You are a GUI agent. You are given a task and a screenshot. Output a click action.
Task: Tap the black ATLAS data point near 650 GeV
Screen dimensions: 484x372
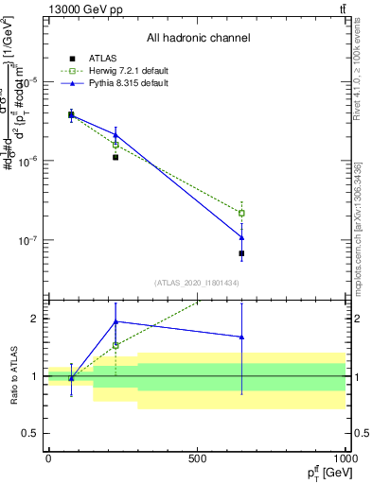pos(241,253)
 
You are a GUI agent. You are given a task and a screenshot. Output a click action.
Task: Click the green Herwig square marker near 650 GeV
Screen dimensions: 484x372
pos(241,213)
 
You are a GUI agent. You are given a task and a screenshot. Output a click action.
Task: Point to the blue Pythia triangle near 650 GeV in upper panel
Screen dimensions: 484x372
pos(241,237)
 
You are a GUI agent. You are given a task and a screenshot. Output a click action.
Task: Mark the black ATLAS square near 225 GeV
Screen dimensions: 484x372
pos(115,157)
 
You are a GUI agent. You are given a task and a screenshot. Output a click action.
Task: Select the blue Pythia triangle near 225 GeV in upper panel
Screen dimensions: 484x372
pos(115,134)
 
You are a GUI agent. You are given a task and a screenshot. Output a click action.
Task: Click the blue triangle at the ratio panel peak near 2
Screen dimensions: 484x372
pos(115,321)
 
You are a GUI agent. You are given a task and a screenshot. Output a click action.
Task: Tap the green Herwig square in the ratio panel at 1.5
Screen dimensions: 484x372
pos(115,345)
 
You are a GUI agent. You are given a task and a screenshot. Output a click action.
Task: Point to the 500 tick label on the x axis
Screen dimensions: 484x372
pos(197,458)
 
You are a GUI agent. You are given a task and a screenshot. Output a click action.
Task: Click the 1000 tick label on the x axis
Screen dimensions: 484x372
pos(345,458)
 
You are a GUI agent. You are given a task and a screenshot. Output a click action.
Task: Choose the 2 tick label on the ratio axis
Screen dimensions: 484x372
pos(36,319)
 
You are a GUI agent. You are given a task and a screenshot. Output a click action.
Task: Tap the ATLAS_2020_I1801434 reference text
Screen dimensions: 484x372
pos(197,283)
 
